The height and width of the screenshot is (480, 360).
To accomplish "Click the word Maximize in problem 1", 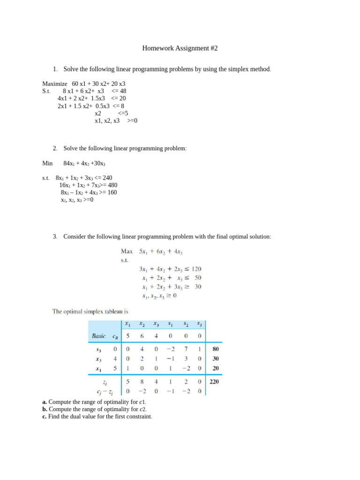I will point(55,84).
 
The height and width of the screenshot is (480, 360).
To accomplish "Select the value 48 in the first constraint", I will point(123,91).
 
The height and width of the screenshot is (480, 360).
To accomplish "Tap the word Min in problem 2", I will point(47,163).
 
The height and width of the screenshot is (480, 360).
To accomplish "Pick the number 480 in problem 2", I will point(111,185).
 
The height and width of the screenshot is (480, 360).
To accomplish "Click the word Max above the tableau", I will point(127,251).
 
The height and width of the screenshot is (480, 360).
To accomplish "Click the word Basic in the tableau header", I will point(99,336).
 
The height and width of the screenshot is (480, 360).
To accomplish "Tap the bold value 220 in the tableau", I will point(214,382).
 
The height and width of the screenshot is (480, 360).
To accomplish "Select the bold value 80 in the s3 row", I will point(216,349).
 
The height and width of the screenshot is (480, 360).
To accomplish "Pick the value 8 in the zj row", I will point(142,382).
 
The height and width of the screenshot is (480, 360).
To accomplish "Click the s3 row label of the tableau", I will point(99,349).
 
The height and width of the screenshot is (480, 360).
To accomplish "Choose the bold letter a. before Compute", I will point(45,402).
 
